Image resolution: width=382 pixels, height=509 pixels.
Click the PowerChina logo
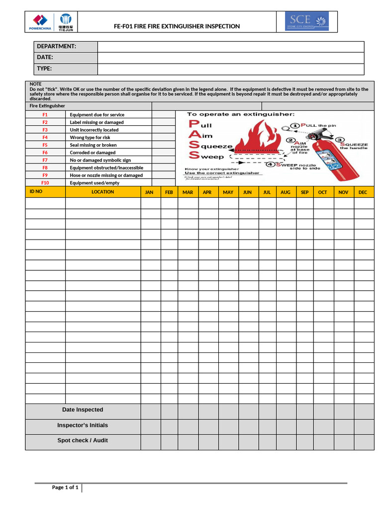(x=40, y=22)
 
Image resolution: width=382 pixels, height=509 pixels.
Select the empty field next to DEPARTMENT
(x=231, y=46)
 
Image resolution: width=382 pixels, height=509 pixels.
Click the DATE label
(x=45, y=58)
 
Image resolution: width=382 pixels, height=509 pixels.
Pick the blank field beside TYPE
(x=231, y=69)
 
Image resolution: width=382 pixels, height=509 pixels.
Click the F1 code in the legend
(x=45, y=115)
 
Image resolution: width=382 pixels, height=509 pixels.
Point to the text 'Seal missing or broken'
(x=93, y=145)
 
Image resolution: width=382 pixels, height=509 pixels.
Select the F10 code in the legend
(x=45, y=183)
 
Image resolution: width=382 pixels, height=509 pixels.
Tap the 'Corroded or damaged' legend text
(x=93, y=153)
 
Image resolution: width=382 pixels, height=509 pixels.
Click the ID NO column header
(x=36, y=191)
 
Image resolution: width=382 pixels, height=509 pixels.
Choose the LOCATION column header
(x=103, y=192)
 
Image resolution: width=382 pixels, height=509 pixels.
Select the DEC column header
(x=363, y=192)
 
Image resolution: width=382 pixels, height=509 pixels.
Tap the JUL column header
(x=267, y=192)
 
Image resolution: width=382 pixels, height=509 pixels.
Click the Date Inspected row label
(x=83, y=410)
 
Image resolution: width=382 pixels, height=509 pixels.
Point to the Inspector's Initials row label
(x=83, y=425)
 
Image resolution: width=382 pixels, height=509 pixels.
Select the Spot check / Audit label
(x=83, y=441)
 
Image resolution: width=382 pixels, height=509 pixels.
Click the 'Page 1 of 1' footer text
(x=65, y=488)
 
